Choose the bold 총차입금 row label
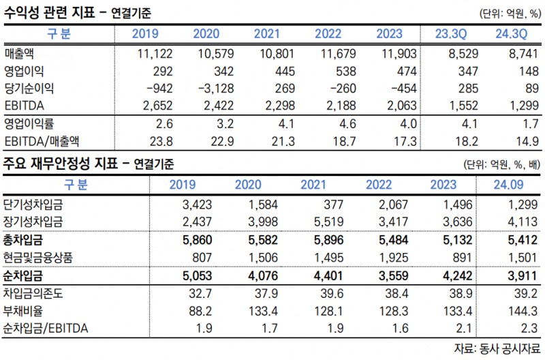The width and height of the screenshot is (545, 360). pyautogui.click(x=23, y=240)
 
